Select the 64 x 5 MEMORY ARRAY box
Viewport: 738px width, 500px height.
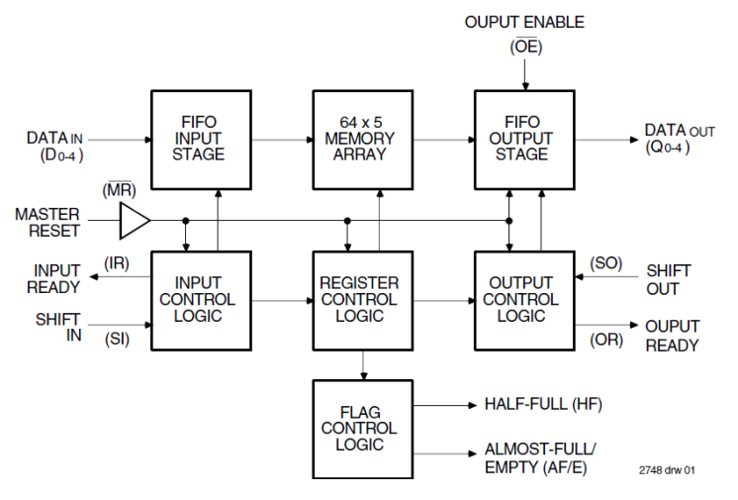point(360,140)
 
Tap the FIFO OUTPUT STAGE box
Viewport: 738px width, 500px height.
point(523,140)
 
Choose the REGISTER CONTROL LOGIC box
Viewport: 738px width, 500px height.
point(360,299)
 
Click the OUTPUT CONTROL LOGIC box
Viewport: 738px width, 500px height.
point(523,299)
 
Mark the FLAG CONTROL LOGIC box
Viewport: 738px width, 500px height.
point(360,429)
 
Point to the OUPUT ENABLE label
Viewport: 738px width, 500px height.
point(524,22)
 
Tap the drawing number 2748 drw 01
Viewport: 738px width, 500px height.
point(666,470)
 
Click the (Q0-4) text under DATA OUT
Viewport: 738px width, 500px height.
point(667,149)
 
